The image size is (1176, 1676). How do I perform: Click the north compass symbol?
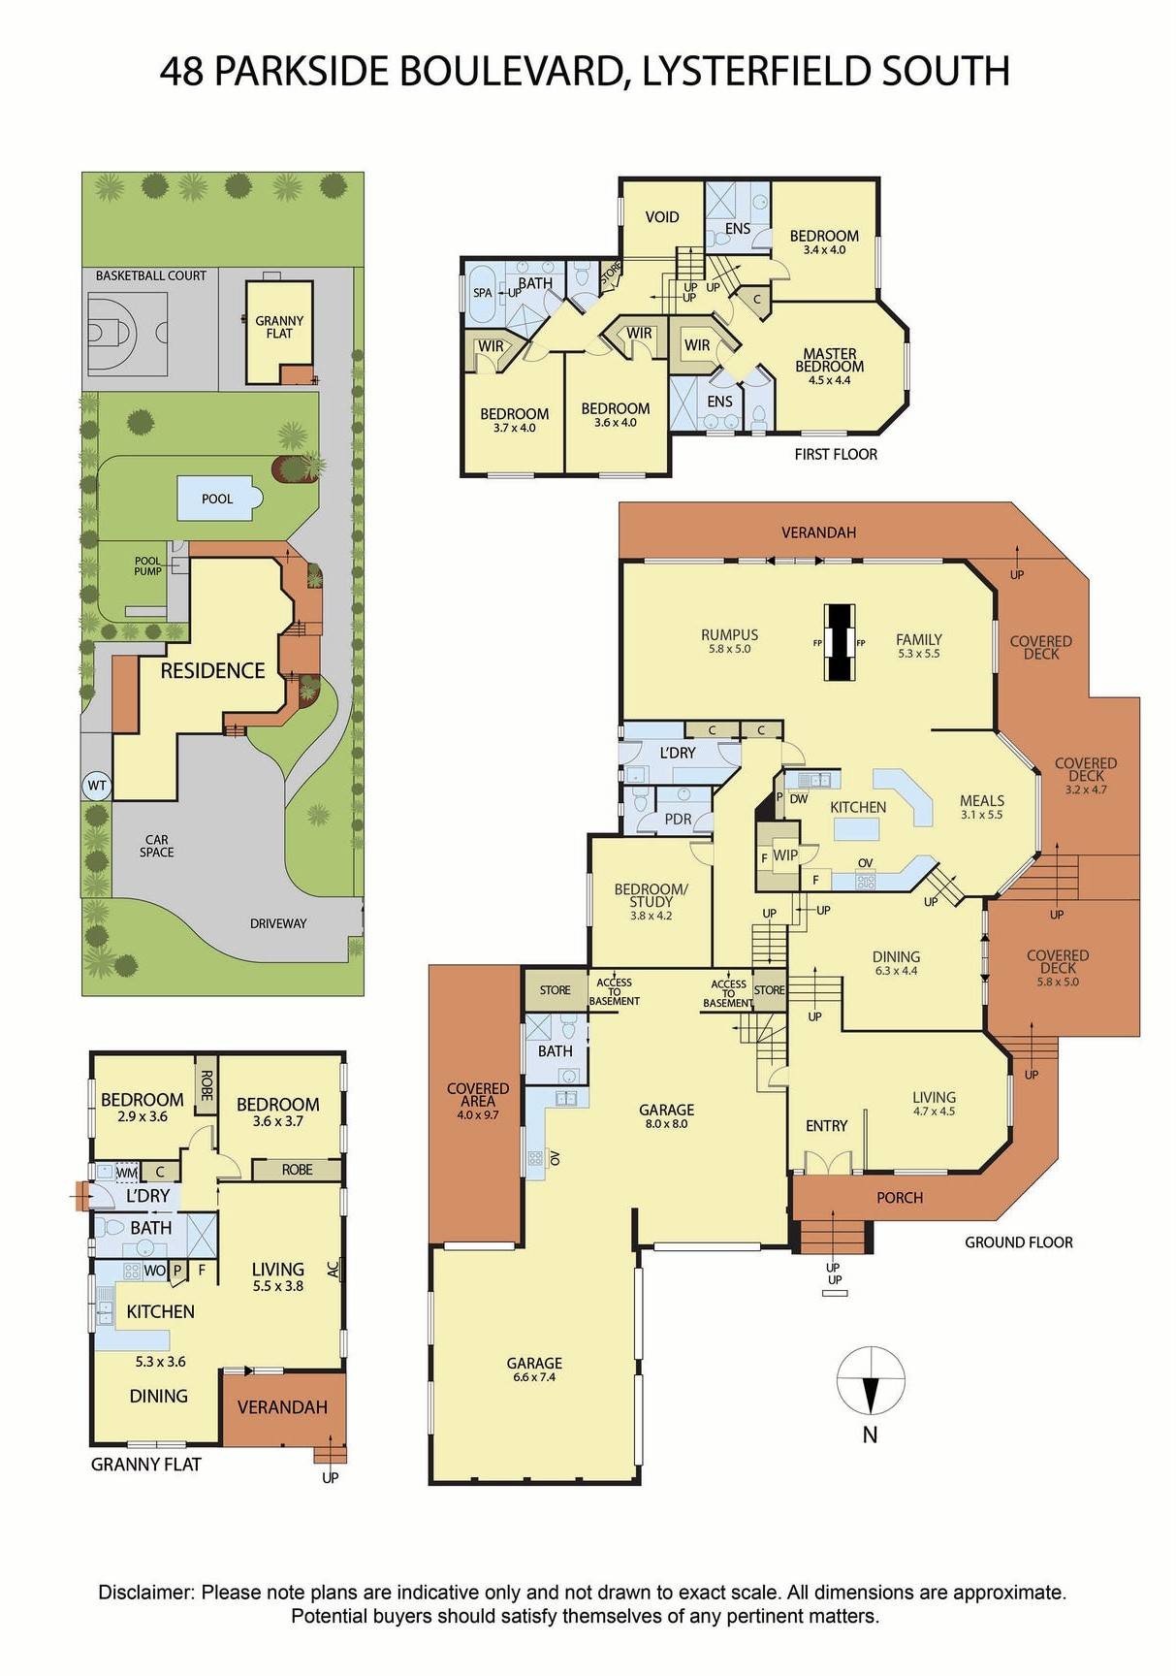pyautogui.click(x=871, y=1380)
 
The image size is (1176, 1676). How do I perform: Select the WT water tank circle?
pyautogui.click(x=96, y=785)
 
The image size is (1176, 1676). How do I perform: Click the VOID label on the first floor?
pyautogui.click(x=662, y=217)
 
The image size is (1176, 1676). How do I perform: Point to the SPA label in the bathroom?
pyautogui.click(x=482, y=292)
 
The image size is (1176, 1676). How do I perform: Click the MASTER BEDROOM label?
pyautogui.click(x=829, y=360)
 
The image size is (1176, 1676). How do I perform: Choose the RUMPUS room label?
pyautogui.click(x=729, y=635)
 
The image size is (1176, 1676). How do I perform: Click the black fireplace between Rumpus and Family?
pyautogui.click(x=840, y=643)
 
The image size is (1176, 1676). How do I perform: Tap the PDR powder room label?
pyautogui.click(x=678, y=819)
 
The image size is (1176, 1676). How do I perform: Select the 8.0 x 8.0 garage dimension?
pyautogui.click(x=666, y=1124)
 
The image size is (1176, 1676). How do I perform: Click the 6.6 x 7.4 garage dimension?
pyautogui.click(x=534, y=1377)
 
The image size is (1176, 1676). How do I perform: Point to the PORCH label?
pyautogui.click(x=899, y=1198)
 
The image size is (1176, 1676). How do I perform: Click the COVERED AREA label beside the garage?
pyautogui.click(x=477, y=1095)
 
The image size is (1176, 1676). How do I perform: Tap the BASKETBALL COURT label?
pyautogui.click(x=150, y=275)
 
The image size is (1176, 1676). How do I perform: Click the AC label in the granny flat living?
pyautogui.click(x=334, y=1269)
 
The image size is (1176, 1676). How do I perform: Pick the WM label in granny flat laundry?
pyautogui.click(x=126, y=1173)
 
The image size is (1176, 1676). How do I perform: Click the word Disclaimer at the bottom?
pyautogui.click(x=146, y=1593)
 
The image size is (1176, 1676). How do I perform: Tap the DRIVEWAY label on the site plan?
pyautogui.click(x=278, y=923)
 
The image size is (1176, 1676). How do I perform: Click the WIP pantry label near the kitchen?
pyautogui.click(x=784, y=855)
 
